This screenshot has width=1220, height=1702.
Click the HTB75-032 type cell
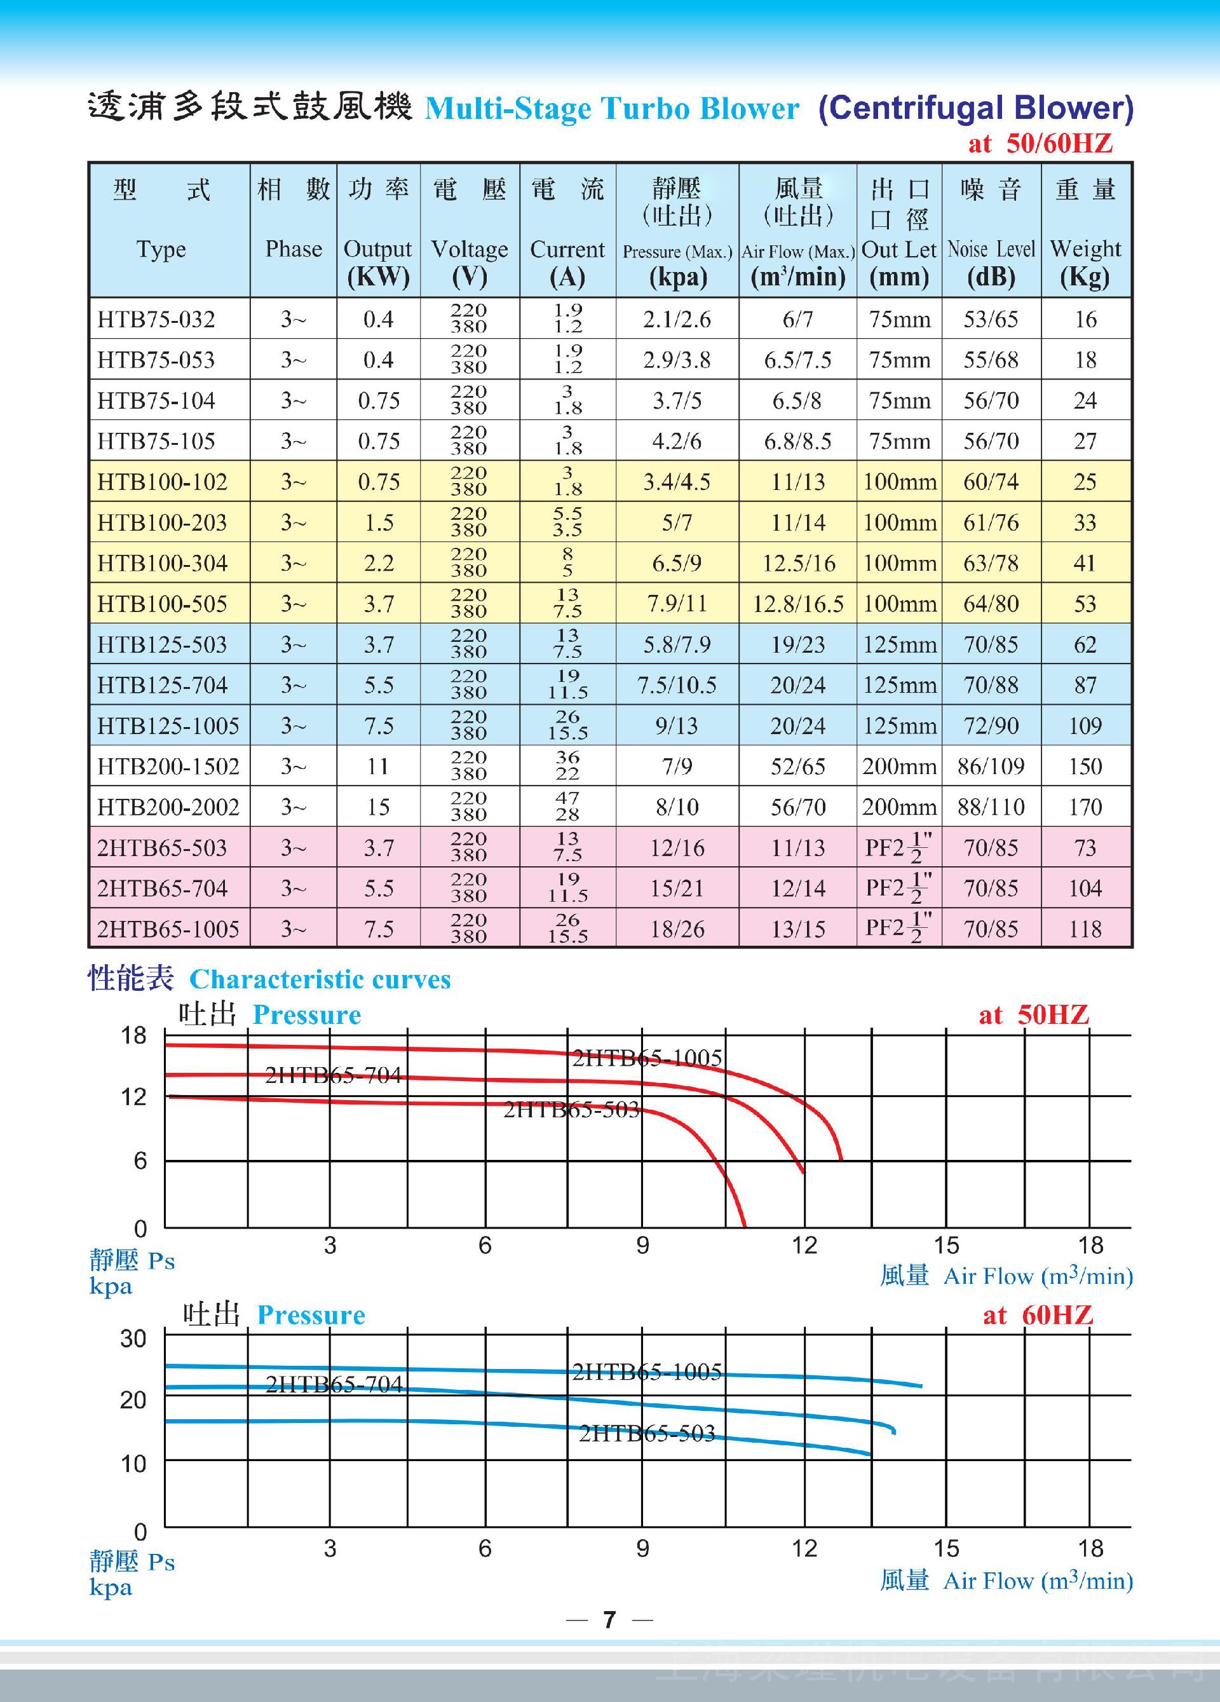156,319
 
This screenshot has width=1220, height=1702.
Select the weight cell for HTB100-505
1085,603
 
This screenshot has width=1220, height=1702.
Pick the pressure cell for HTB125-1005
677,726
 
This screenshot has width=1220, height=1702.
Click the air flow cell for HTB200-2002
797,807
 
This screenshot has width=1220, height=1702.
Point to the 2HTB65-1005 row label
168,929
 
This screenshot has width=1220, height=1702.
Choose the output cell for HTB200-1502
378,766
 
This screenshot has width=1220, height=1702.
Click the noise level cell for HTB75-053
991,360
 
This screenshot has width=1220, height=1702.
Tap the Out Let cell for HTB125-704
899,685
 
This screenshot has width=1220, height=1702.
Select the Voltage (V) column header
469,262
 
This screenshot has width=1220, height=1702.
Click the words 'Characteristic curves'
320,979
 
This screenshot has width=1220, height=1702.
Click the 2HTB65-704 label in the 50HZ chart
333,1075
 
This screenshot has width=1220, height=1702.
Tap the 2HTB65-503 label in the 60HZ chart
647,1433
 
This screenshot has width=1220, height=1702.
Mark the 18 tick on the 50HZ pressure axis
133,1035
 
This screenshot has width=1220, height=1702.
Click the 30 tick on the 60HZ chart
133,1338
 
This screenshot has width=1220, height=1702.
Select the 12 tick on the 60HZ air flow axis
804,1548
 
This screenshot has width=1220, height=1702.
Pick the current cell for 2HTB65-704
567,888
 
